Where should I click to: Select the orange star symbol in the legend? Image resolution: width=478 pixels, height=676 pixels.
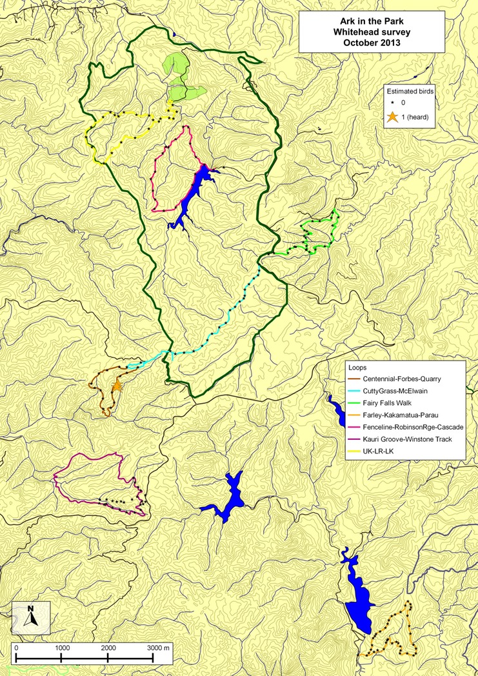coord(391,117)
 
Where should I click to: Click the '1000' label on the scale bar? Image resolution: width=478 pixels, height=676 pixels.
coord(62,648)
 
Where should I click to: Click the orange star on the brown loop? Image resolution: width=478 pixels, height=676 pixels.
coord(116,386)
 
